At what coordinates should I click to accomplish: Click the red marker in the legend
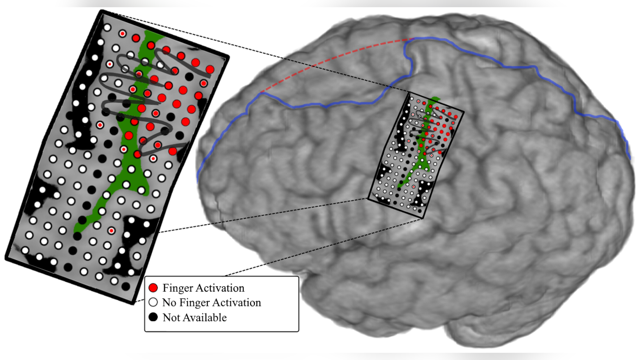pos(153,288)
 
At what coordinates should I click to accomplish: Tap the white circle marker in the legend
pos(153,302)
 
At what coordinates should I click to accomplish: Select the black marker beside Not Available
pos(153,317)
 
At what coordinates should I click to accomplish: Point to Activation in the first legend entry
pos(219,288)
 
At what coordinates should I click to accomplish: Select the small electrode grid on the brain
pos(416,155)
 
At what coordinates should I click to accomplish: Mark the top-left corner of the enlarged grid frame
pos(102,11)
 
